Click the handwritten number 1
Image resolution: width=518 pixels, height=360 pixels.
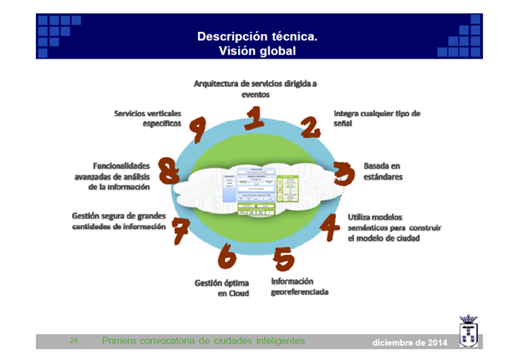(255, 118)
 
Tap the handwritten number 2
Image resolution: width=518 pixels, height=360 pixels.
(311, 127)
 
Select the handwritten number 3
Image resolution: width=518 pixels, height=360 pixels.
(342, 174)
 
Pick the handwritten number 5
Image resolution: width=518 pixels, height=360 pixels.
(282, 258)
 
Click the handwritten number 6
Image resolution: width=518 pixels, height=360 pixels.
(226, 257)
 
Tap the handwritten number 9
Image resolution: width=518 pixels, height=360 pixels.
(198, 127)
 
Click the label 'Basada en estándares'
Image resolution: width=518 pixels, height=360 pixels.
(383, 172)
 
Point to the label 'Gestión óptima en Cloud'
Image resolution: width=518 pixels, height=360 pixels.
(221, 288)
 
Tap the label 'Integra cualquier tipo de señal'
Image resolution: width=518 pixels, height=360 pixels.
(376, 118)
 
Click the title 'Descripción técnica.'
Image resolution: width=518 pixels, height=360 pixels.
(256, 37)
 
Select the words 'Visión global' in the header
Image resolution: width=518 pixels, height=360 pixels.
(256, 51)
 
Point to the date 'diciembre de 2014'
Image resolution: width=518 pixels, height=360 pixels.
(409, 343)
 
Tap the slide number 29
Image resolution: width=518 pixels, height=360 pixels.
(74, 341)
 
